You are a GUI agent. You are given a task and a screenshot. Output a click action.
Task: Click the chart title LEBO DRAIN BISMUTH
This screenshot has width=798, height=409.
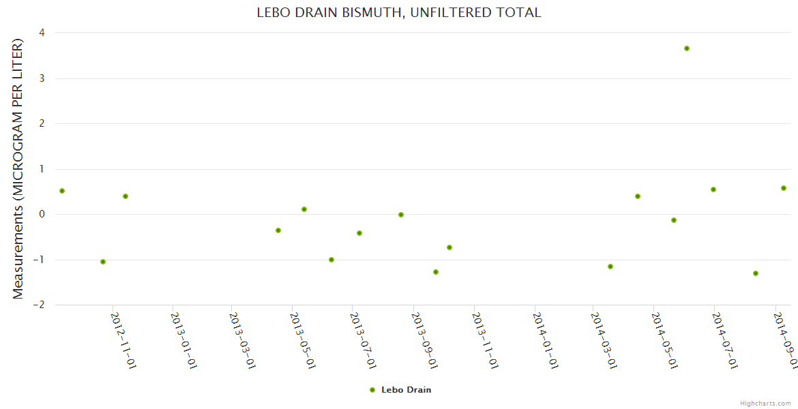(399, 12)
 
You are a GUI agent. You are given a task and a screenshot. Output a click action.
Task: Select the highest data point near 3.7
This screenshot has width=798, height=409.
(687, 48)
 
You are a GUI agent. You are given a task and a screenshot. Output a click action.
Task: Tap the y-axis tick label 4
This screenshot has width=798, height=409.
(42, 33)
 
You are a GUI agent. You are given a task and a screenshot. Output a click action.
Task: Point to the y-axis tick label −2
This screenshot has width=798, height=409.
(39, 305)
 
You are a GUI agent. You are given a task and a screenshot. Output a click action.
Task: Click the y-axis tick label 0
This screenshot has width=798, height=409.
(42, 214)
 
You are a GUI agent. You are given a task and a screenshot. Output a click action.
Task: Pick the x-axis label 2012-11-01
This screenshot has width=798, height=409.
(120, 341)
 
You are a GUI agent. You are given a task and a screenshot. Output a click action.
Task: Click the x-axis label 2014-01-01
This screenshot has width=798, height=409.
(543, 341)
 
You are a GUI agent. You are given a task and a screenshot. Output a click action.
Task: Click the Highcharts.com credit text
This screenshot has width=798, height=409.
(765, 403)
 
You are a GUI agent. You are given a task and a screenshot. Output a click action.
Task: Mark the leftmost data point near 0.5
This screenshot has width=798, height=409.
(62, 191)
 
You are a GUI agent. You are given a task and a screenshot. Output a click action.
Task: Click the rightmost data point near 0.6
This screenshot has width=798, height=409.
(784, 188)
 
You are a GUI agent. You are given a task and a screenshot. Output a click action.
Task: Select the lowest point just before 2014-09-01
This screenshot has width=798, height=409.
(756, 273)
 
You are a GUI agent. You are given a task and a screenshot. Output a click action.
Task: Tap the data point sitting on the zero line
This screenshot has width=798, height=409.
(401, 215)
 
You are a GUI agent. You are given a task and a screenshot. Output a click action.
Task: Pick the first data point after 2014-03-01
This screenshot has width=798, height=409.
(610, 267)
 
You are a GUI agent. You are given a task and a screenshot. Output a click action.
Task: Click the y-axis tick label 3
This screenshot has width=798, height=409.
(42, 78)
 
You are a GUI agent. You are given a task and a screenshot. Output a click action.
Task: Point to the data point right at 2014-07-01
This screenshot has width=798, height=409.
(713, 190)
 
